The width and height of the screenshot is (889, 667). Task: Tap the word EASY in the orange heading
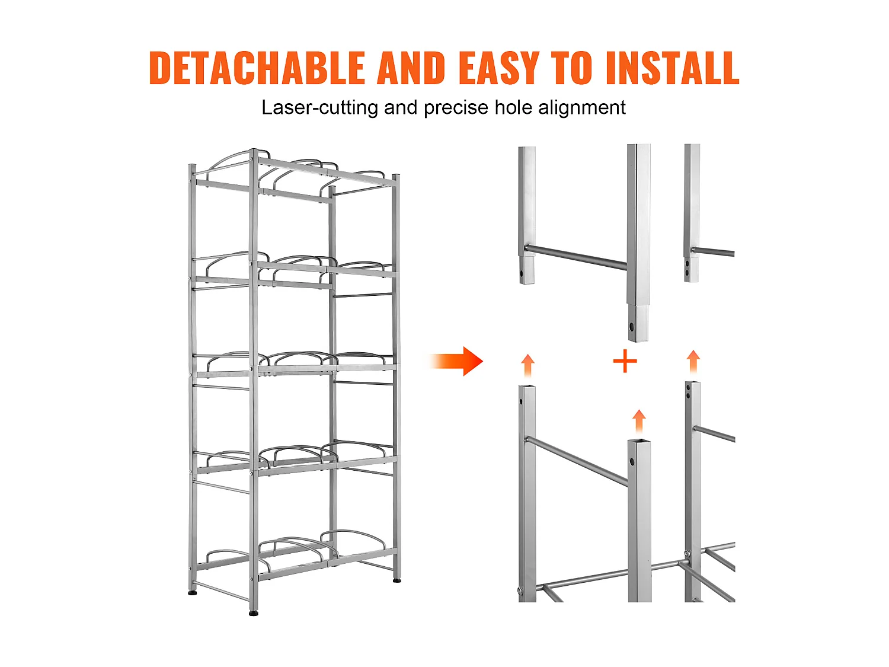499,68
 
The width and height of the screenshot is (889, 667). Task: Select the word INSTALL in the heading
672,68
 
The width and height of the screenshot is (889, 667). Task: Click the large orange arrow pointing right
456,361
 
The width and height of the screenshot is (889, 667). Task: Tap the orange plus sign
625,361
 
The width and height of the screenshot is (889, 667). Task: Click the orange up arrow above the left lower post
527,366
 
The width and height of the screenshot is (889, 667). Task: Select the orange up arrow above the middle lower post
639,422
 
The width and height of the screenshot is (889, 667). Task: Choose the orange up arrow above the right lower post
693,361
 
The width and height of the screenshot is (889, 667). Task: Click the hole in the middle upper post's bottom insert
632,325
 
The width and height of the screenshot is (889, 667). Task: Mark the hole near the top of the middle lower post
632,461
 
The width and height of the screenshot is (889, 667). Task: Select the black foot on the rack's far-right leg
397,581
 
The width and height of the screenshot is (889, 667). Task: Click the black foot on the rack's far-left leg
193,593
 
